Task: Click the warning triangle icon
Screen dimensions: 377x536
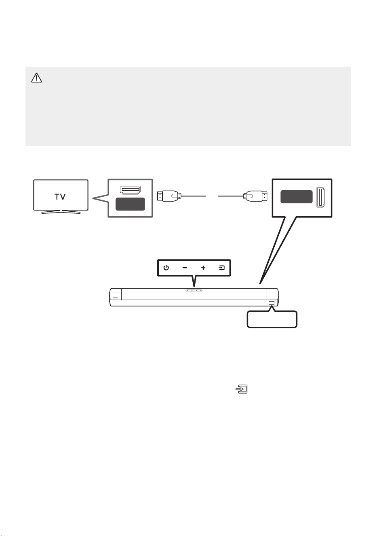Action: pyautogui.click(x=36, y=78)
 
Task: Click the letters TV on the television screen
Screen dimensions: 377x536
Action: pyautogui.click(x=60, y=197)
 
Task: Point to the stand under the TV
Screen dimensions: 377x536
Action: pyautogui.click(x=61, y=212)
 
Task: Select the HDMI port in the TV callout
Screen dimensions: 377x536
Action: pyautogui.click(x=130, y=190)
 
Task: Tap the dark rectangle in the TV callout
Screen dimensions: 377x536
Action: pyautogui.click(x=130, y=204)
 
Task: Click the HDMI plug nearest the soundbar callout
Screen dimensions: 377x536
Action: pyautogui.click(x=255, y=196)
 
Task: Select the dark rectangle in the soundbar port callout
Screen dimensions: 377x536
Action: pyautogui.click(x=297, y=197)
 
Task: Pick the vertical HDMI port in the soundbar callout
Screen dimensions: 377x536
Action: pyautogui.click(x=321, y=197)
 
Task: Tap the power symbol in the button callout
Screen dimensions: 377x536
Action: pyautogui.click(x=166, y=268)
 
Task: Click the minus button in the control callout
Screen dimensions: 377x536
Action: pyautogui.click(x=184, y=268)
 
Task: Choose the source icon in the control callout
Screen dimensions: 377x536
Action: pyautogui.click(x=222, y=268)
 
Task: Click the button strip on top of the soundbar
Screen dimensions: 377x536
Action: pyautogui.click(x=194, y=291)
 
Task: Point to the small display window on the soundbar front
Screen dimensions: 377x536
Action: pyautogui.click(x=272, y=303)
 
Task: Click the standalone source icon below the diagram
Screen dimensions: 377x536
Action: pyautogui.click(x=242, y=389)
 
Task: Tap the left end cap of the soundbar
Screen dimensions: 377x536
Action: pyautogui.click(x=116, y=297)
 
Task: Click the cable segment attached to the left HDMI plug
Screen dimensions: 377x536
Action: pyautogui.click(x=194, y=196)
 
